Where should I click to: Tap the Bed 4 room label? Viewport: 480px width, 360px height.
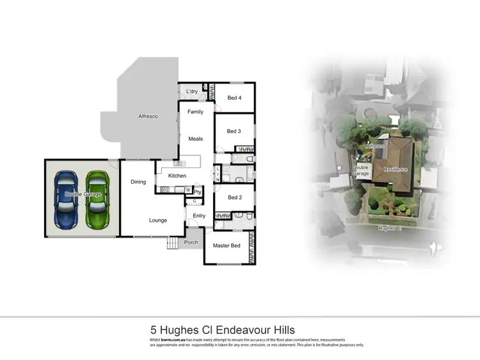pyautogui.click(x=235, y=98)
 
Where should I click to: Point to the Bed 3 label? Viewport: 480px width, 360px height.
pyautogui.click(x=234, y=132)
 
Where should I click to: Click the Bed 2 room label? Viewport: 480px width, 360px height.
pyautogui.click(x=234, y=198)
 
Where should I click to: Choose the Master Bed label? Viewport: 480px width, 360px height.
pyautogui.click(x=227, y=246)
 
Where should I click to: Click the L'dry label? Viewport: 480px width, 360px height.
pyautogui.click(x=191, y=92)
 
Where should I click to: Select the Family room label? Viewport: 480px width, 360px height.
pyautogui.click(x=195, y=112)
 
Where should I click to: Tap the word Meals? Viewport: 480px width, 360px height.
pyautogui.click(x=195, y=138)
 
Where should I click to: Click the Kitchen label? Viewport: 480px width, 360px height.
pyautogui.click(x=177, y=176)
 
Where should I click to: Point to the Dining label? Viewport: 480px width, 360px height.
pyautogui.click(x=138, y=182)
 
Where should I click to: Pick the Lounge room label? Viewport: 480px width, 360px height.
pyautogui.click(x=158, y=221)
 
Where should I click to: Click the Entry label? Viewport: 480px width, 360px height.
pyautogui.click(x=199, y=216)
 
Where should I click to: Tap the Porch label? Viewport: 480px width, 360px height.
pyautogui.click(x=191, y=242)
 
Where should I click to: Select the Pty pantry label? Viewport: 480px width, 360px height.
pyautogui.click(x=198, y=191)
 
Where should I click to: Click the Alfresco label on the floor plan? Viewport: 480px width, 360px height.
pyautogui.click(x=148, y=116)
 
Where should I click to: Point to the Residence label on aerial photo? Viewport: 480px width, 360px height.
pyautogui.click(x=395, y=169)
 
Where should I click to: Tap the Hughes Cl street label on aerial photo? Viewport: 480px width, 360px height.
pyautogui.click(x=390, y=228)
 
